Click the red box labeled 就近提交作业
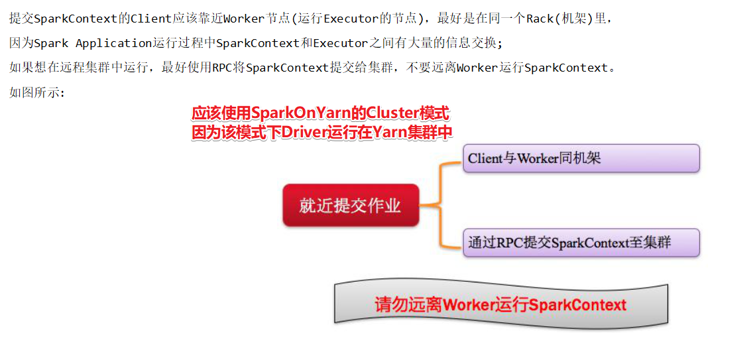tap(351, 206)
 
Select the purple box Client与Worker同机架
tap(581, 158)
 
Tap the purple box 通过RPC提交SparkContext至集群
tap(581, 243)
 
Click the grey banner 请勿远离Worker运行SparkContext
tap(500, 305)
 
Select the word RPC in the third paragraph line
tap(223, 68)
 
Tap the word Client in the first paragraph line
tap(151, 19)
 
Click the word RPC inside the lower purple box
tap(509, 243)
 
